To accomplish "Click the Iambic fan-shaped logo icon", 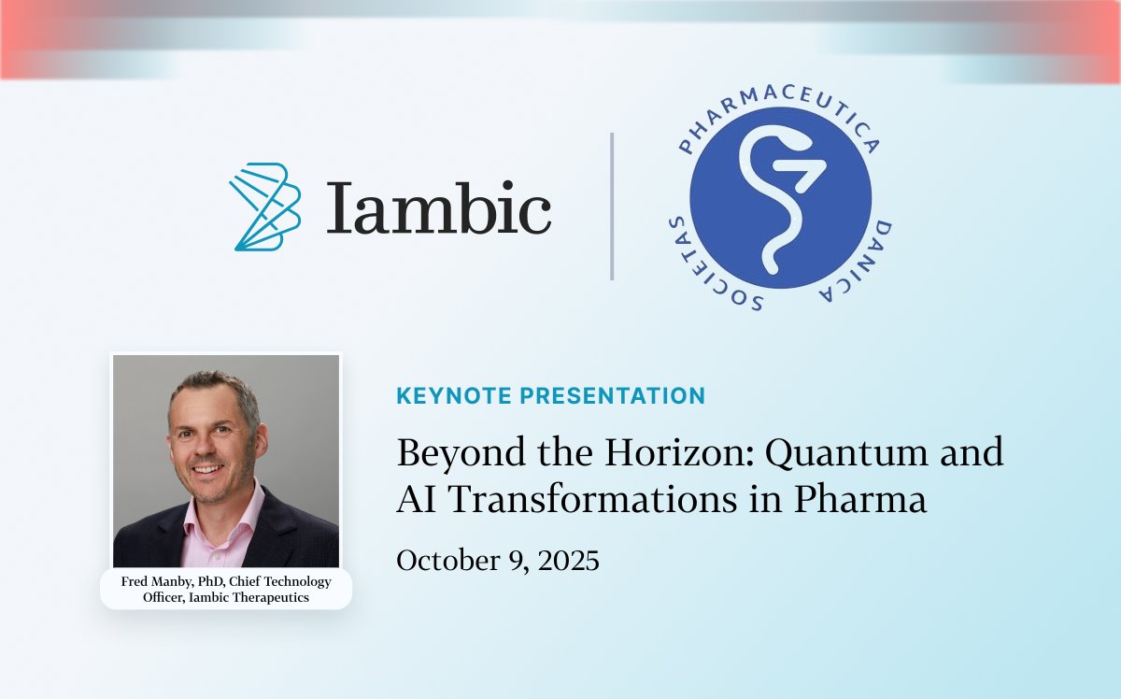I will (265, 207).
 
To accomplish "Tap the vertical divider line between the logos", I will (612, 207).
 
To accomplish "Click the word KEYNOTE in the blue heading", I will (453, 395).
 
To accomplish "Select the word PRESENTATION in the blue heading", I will (612, 395).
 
